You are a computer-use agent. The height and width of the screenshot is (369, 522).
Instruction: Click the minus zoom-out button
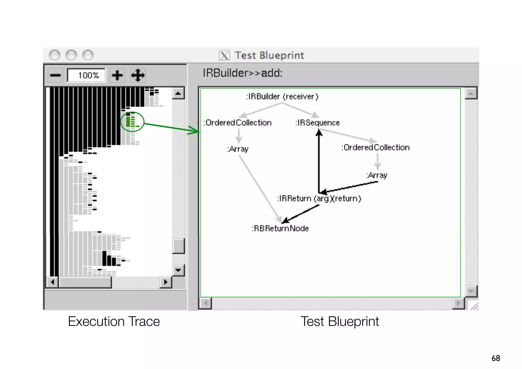click(x=55, y=75)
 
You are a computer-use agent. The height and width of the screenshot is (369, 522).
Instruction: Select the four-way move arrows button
click(x=138, y=75)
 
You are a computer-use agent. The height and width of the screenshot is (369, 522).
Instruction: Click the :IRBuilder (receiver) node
click(x=282, y=97)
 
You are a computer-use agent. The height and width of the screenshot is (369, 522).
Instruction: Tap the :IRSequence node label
click(x=317, y=123)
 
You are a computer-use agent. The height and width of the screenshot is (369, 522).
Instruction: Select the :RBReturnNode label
click(x=280, y=228)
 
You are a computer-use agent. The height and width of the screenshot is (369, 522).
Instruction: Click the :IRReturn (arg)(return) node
click(x=319, y=199)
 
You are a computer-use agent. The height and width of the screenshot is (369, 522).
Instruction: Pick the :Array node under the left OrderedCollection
click(x=238, y=149)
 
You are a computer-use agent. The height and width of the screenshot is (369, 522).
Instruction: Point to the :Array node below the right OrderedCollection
click(x=377, y=175)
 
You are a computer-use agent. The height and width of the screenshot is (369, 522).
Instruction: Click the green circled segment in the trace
click(x=132, y=122)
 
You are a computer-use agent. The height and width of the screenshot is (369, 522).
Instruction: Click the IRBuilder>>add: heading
click(x=242, y=73)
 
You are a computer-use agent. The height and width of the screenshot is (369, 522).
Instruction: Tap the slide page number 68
click(x=496, y=358)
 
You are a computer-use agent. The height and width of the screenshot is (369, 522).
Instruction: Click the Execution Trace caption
click(x=114, y=321)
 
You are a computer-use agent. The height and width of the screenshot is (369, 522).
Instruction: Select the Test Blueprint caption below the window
click(x=340, y=321)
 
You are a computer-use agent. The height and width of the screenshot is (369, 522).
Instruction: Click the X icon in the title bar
click(x=224, y=55)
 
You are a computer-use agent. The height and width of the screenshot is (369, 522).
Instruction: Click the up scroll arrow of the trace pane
click(x=178, y=94)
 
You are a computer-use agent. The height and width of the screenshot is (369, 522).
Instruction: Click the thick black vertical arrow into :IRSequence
click(x=319, y=163)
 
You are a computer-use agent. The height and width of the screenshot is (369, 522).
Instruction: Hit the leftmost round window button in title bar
click(x=55, y=55)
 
